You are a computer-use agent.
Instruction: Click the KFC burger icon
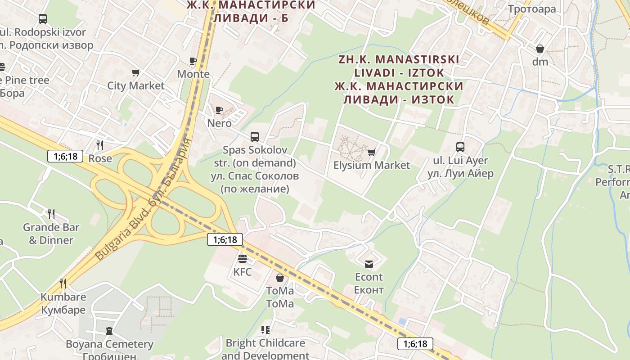(x=243, y=259)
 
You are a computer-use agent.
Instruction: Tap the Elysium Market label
(x=371, y=165)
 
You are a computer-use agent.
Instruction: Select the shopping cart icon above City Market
(x=136, y=72)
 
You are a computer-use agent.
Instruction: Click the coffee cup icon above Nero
(x=219, y=110)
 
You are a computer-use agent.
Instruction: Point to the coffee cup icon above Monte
(x=193, y=61)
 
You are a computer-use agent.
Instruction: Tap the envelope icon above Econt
(x=369, y=264)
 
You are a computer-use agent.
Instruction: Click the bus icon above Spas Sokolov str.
(x=255, y=136)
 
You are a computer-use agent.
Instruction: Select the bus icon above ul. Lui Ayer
(x=460, y=147)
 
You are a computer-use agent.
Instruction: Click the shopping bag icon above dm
(x=540, y=49)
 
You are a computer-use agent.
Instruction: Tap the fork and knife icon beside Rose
(x=100, y=145)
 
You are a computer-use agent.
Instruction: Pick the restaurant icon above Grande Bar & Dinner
(x=51, y=214)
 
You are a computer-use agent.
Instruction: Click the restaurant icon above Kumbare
(x=63, y=283)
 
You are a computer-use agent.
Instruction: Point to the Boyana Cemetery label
(x=109, y=344)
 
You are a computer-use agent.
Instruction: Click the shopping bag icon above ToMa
(x=280, y=278)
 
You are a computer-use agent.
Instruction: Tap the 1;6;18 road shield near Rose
(x=65, y=156)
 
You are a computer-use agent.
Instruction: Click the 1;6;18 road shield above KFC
(x=225, y=239)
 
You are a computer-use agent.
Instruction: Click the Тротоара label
(x=531, y=9)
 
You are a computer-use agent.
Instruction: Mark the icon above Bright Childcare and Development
(x=265, y=330)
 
